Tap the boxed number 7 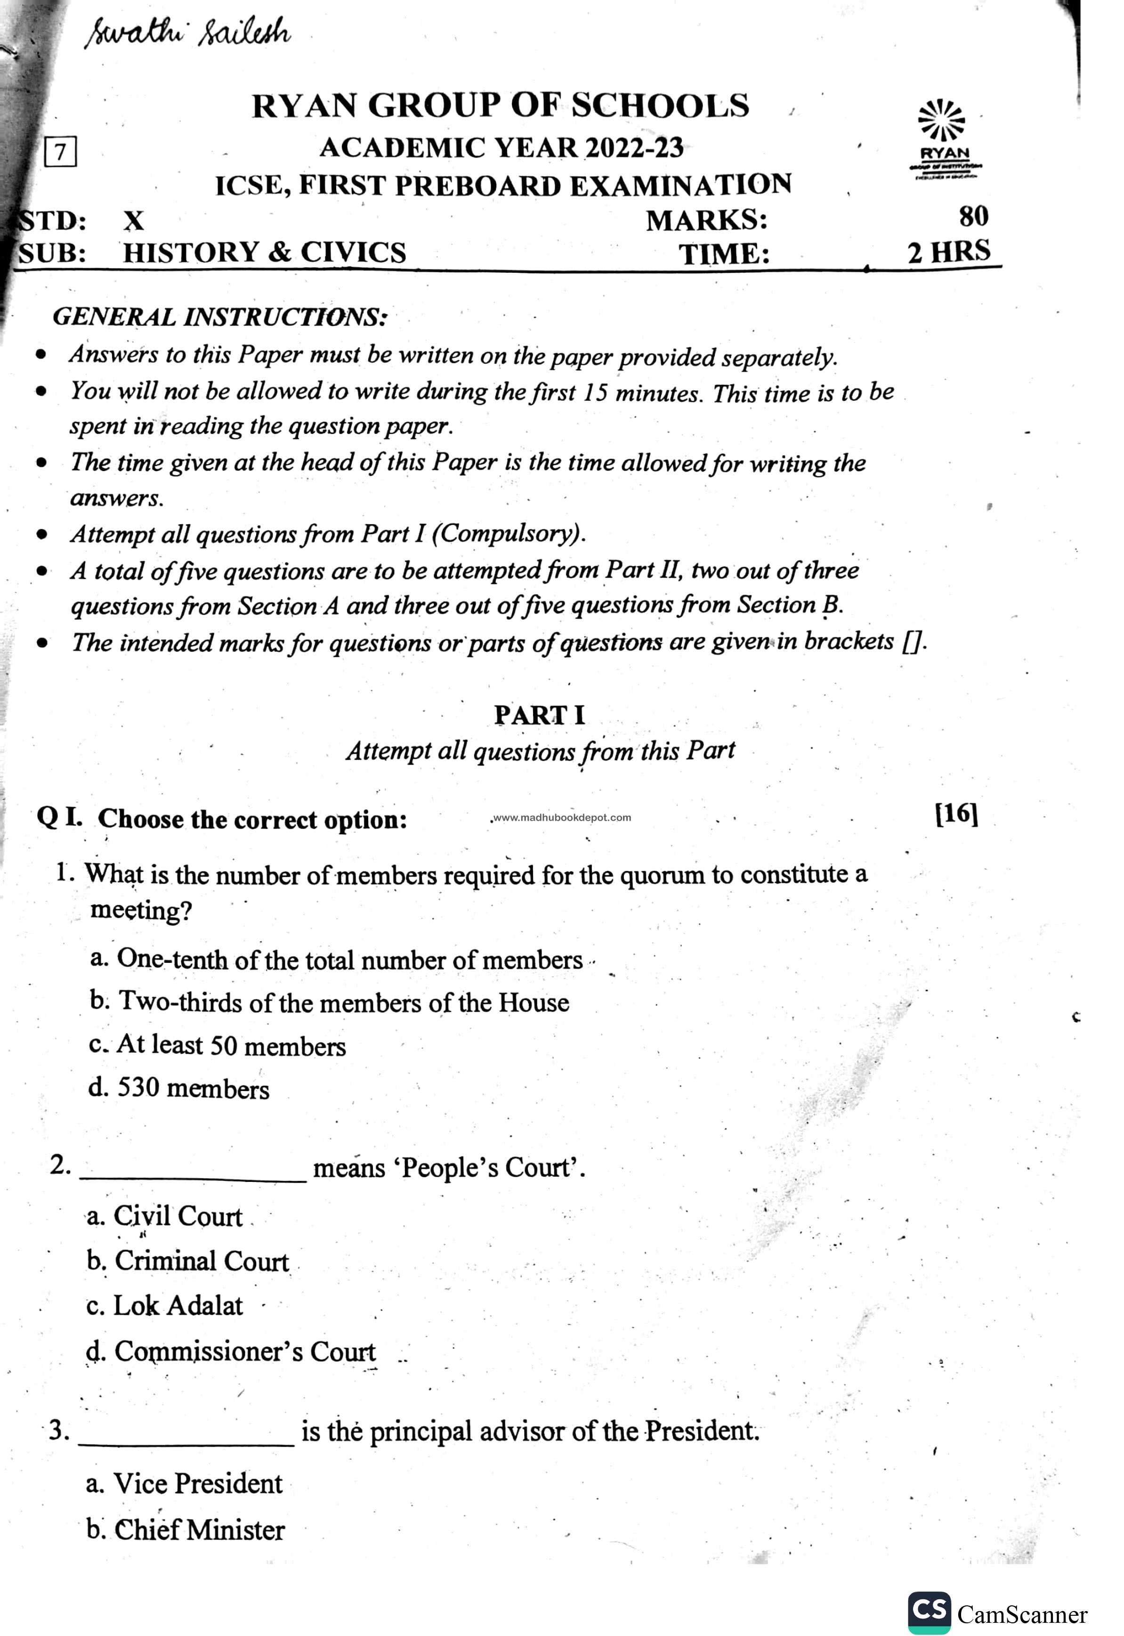tap(61, 152)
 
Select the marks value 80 tap(973, 216)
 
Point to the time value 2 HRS tap(949, 252)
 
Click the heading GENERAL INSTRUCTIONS tap(220, 317)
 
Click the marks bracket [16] tap(956, 814)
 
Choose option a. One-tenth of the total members tap(337, 960)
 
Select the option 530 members tap(179, 1089)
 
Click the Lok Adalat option tap(165, 1306)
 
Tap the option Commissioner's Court tap(231, 1352)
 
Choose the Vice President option tap(185, 1484)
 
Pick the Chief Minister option tap(186, 1530)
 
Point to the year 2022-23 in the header tap(635, 148)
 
